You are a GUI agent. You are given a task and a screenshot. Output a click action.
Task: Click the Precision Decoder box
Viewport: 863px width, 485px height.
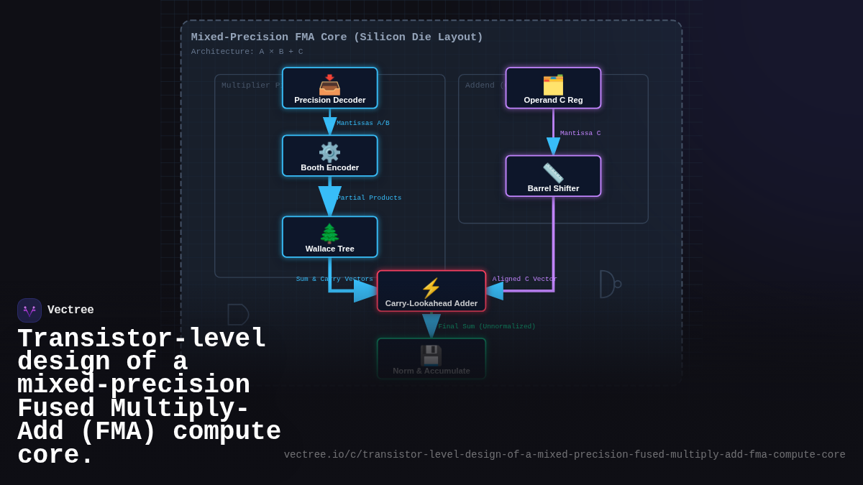(329, 88)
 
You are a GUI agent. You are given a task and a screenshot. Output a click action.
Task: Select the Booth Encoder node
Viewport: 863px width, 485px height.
(329, 156)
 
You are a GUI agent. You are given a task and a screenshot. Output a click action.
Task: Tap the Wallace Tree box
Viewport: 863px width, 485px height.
(329, 237)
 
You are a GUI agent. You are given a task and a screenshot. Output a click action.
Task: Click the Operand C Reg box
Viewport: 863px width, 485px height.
(553, 88)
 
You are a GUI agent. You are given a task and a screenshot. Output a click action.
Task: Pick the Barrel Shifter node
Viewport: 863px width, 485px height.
(553, 176)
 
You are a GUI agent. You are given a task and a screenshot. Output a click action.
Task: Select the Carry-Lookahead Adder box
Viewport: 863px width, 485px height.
(431, 291)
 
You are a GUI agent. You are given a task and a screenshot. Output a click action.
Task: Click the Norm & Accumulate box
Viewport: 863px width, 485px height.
(431, 359)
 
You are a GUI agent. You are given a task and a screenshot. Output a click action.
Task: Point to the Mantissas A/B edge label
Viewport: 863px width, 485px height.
(363, 124)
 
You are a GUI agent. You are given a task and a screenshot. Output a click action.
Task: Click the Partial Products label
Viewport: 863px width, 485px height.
(369, 198)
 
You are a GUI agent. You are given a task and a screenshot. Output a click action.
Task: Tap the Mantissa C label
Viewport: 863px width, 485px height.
(580, 134)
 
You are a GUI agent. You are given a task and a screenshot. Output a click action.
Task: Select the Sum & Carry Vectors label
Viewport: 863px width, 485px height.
(334, 280)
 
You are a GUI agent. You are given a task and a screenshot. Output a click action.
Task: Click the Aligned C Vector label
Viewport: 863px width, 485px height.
(524, 280)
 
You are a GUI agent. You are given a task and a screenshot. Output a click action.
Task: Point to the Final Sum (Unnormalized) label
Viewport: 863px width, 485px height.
(487, 327)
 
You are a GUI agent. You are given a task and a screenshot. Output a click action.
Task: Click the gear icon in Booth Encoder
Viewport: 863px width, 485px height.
(329, 152)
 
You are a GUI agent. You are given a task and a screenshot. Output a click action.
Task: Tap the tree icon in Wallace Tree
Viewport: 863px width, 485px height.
(329, 233)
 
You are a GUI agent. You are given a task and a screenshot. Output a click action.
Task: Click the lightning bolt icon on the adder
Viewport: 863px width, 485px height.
(431, 287)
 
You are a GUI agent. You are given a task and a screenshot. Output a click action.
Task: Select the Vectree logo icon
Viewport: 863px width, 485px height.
(29, 310)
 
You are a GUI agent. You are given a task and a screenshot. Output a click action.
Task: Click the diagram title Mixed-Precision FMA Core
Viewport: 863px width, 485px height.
(337, 37)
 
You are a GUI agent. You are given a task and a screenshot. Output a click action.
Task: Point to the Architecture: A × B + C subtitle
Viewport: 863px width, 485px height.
(247, 52)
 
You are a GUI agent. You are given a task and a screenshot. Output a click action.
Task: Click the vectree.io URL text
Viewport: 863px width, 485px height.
(565, 455)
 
